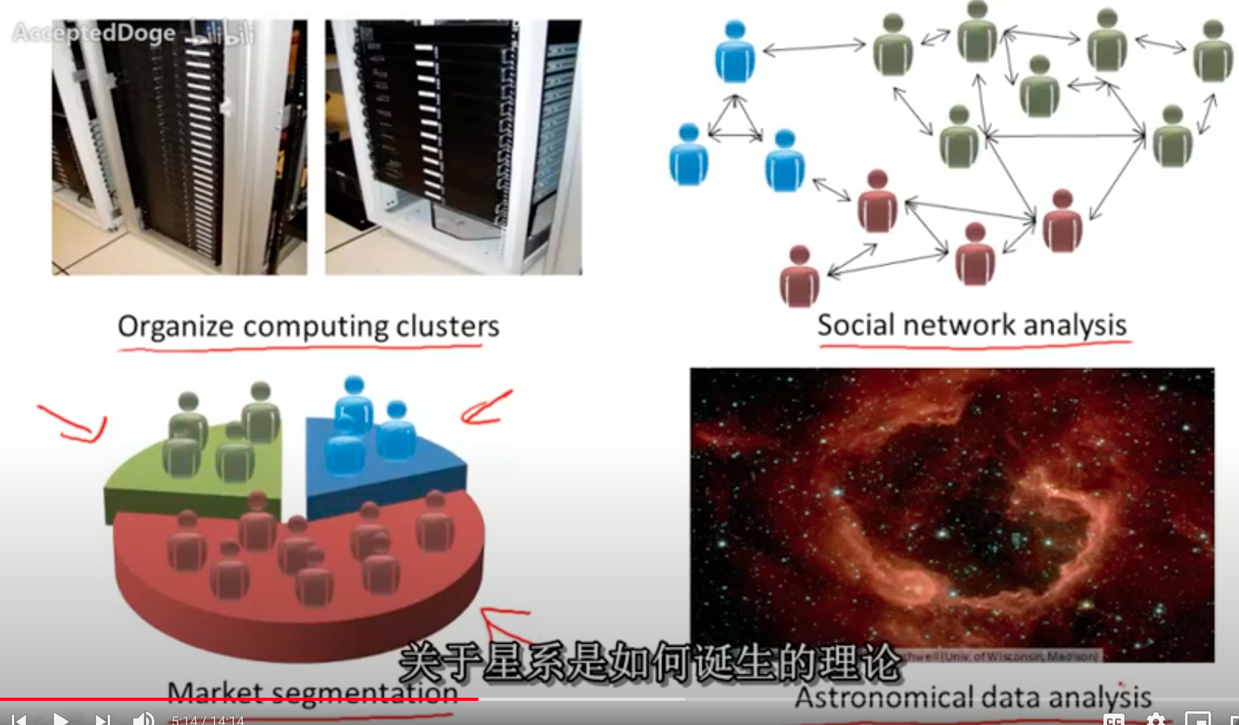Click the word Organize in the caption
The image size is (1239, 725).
[175, 327]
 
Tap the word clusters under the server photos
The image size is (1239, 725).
[447, 327]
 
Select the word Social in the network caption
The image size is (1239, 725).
[856, 325]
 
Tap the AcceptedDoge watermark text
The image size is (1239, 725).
[94, 33]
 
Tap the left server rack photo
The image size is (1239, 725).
[179, 148]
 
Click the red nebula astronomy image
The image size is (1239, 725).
[952, 510]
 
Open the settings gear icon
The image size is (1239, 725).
[1155, 719]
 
